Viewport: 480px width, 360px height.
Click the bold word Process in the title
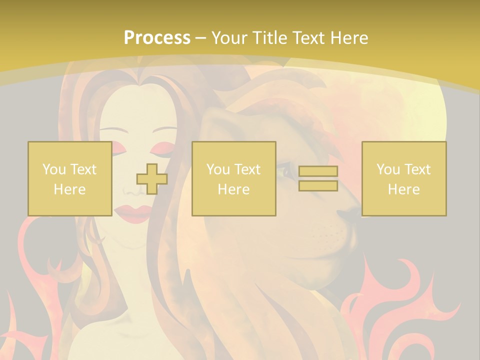coord(157,38)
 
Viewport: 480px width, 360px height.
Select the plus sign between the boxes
coord(152,179)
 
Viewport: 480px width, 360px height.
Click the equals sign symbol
coord(318,178)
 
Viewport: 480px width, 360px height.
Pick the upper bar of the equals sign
coord(318,171)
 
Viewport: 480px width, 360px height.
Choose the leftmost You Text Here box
coord(69,178)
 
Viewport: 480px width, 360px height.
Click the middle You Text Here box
coord(233,178)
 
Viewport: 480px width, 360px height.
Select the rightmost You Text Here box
coord(403,178)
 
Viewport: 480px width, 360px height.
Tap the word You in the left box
coord(53,169)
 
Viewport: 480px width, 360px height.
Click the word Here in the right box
coord(403,189)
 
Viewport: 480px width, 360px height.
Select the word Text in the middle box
coord(247,169)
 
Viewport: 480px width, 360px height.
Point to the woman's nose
coord(132,190)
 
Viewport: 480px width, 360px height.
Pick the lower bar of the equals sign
coord(318,186)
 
